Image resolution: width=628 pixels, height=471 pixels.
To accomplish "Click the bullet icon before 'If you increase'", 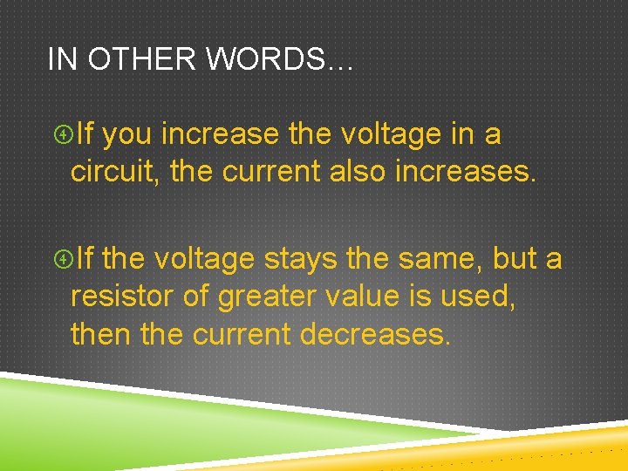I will [x=62, y=135].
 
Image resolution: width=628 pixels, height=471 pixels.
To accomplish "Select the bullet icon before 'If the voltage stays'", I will [x=62, y=259].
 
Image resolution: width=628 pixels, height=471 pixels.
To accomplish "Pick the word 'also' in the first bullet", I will [x=358, y=172].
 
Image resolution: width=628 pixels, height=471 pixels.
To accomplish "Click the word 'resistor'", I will [x=122, y=297].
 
